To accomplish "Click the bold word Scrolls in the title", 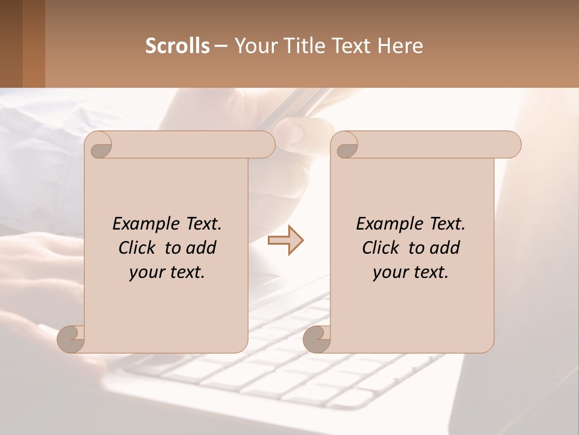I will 177,46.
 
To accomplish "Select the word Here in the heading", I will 400,46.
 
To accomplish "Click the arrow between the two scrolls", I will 285,240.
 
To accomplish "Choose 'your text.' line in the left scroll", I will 167,272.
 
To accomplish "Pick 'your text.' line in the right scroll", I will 411,272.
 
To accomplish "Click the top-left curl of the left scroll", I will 100,144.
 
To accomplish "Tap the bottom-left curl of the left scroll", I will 71,338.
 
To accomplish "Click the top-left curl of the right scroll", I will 346,144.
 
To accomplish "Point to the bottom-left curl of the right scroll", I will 317,338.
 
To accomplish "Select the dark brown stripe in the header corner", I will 11,43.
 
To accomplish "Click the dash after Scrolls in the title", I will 221,46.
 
